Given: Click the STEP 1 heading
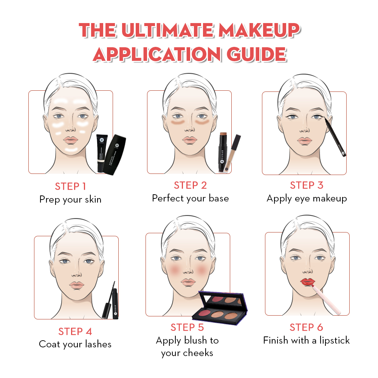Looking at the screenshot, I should click(70, 186).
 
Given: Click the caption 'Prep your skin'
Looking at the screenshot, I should click(70, 199).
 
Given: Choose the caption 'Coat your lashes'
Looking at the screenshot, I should click(75, 344).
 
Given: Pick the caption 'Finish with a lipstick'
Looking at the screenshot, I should click(306, 340).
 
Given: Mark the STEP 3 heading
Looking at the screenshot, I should click(307, 185).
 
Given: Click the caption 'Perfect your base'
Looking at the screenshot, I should click(190, 198).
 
